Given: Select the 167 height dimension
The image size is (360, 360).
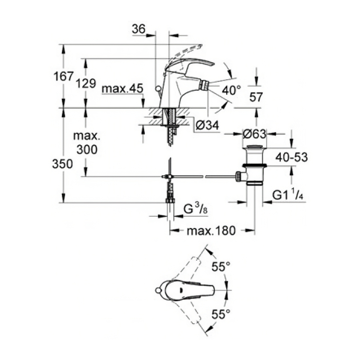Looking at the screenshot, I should [63, 77].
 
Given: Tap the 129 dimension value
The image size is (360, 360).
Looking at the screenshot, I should [86, 84].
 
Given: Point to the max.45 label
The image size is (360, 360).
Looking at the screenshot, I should [122, 89].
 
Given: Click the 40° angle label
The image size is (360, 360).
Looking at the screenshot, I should [231, 90].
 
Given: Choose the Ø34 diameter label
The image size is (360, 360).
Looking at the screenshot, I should [208, 125].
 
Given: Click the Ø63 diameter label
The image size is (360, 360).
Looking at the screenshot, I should [254, 134].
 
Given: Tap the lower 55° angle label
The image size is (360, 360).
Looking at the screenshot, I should [221, 315].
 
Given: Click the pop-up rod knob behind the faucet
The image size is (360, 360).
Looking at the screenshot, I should [157, 89].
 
